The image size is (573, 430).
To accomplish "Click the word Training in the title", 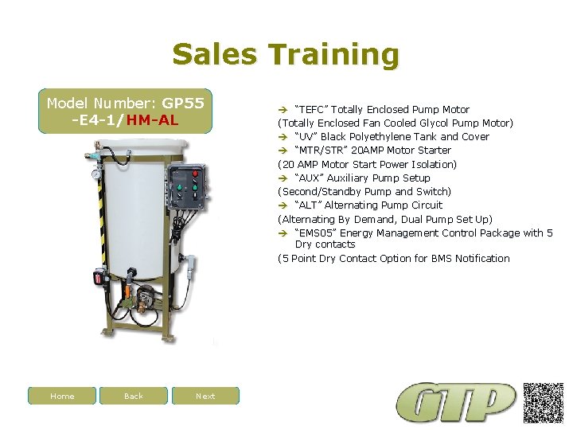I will tap(333, 55).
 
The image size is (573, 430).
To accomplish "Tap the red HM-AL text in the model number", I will tap(152, 120).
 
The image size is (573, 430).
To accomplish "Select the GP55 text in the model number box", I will tap(183, 104).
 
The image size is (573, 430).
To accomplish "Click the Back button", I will tap(134, 396).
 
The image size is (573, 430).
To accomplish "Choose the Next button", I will tap(205, 396).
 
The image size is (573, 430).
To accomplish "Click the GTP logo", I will tap(457, 403).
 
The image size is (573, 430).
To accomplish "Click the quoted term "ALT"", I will tap(308, 205).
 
